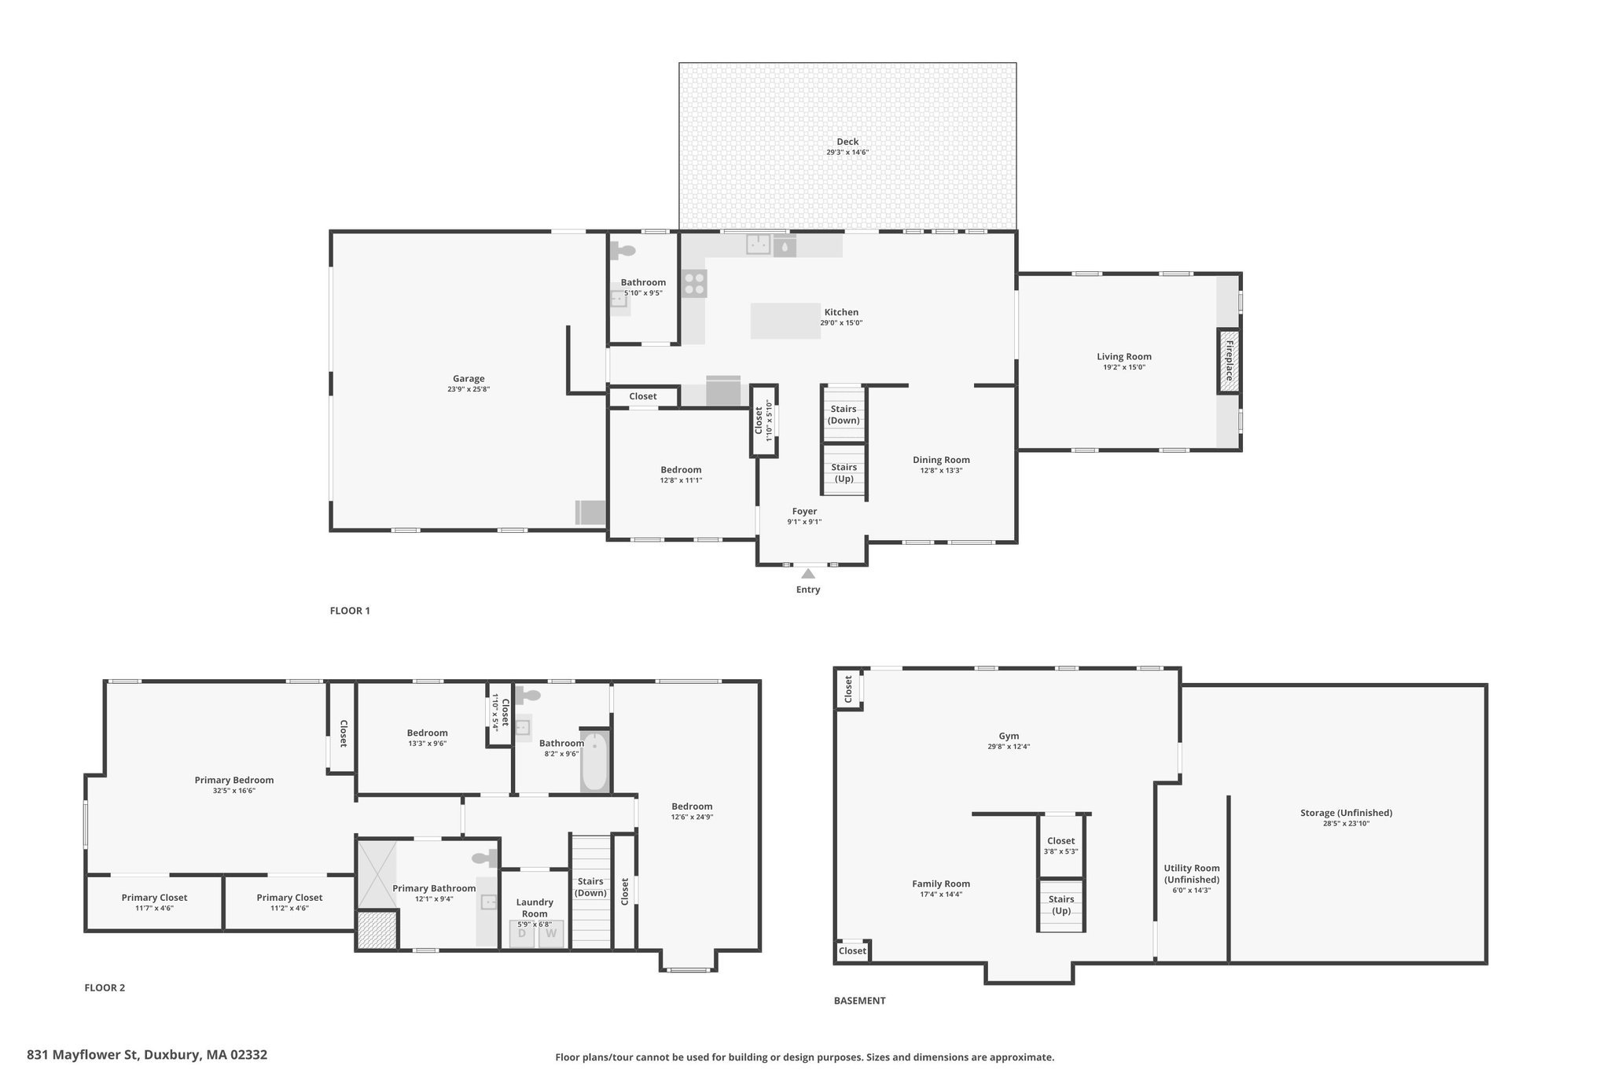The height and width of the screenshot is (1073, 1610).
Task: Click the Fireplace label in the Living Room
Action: coord(1229,361)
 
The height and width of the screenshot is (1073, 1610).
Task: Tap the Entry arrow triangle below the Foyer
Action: coord(808,574)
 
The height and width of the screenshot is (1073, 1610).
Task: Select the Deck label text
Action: coord(847,141)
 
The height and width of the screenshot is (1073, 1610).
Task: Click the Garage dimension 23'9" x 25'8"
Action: coord(469,389)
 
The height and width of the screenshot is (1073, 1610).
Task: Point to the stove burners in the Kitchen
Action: coord(694,283)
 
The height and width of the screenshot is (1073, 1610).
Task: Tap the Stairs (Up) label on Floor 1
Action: coord(844,472)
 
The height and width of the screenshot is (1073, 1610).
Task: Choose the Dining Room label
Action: coord(941,460)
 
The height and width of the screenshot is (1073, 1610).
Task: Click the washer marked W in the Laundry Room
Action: coord(551,934)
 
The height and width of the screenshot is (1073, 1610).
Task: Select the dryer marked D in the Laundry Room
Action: coord(522,934)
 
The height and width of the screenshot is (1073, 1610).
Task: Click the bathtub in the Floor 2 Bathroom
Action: coord(595,761)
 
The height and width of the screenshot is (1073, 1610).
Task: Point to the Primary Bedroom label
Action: coord(234,780)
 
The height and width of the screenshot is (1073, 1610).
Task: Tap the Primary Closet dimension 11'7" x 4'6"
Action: coord(154,908)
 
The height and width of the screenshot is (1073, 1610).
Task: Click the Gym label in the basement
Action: coord(1009,736)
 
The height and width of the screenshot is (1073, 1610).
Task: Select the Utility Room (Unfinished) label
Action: coord(1192,874)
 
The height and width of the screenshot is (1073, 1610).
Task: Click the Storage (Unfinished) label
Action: coord(1346,813)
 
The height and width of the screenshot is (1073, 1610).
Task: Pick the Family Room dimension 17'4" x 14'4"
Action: coord(941,894)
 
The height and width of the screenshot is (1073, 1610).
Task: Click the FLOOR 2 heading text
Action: coord(105,988)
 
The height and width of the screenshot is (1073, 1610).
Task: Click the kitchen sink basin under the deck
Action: coord(758,244)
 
